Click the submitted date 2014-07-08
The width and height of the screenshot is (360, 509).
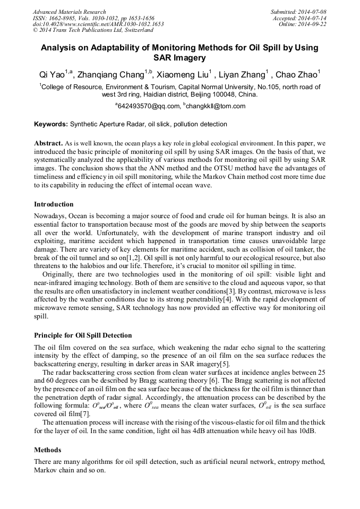[312, 12]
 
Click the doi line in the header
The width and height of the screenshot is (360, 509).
[98, 24]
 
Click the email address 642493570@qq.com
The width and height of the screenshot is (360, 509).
[147, 106]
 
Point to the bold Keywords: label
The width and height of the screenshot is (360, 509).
[51, 124]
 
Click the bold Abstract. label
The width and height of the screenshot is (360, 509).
[49, 143]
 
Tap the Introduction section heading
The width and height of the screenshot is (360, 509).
[54, 204]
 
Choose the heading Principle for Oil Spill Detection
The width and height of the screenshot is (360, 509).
[83, 335]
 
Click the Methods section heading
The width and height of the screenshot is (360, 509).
[47, 450]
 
